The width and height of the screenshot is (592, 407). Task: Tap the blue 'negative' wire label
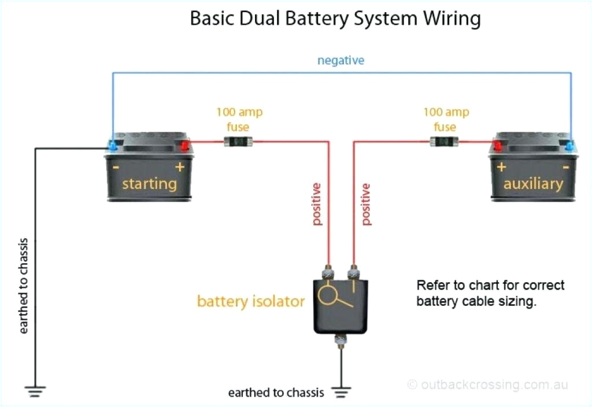click(x=341, y=60)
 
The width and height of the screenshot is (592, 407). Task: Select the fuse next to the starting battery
click(x=239, y=141)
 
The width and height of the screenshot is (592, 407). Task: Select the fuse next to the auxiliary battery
click(x=444, y=141)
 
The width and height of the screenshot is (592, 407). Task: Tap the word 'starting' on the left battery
click(x=149, y=184)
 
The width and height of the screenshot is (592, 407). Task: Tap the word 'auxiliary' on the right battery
click(x=532, y=184)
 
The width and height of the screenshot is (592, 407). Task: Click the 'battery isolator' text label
click(x=251, y=301)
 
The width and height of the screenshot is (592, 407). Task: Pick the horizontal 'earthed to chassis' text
click(x=276, y=393)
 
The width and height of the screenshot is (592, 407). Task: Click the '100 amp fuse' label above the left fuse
click(x=239, y=119)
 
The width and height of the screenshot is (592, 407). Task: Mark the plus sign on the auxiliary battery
click(x=500, y=167)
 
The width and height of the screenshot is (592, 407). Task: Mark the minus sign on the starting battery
click(x=116, y=168)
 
